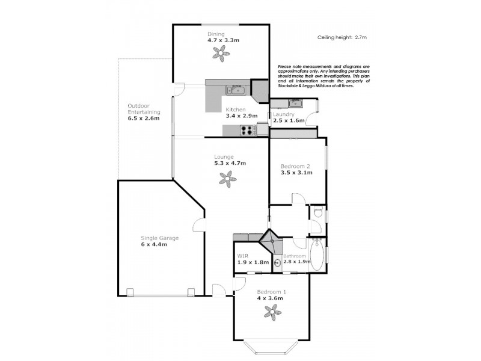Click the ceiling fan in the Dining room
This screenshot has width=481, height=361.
click(222, 53)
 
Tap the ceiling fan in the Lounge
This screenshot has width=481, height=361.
click(227, 177)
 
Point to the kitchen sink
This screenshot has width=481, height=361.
click(235, 91)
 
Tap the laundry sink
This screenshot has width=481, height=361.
click(294, 103)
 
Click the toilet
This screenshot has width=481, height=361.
click(319, 212)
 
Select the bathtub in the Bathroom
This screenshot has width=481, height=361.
click(318, 256)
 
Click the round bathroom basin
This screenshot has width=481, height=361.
click(278, 262)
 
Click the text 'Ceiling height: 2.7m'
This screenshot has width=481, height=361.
click(342, 37)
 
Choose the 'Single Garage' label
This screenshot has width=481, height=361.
click(159, 238)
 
